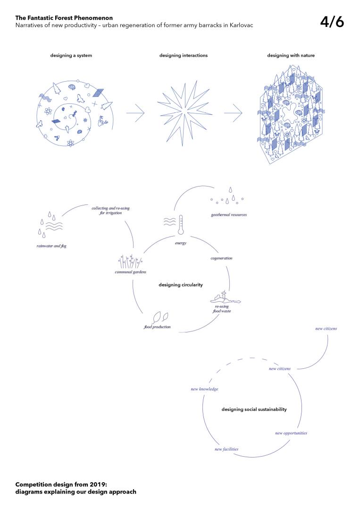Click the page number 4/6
332,22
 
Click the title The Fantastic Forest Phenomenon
64,18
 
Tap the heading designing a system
71,55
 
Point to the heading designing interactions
184,55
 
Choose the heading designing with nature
291,55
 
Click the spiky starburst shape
184,114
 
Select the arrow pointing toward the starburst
135,113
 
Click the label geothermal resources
229,215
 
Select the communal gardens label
130,272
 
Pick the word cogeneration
221,258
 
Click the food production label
157,327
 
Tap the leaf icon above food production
159,317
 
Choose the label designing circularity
181,285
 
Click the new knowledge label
204,389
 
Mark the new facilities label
226,449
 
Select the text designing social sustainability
254,409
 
